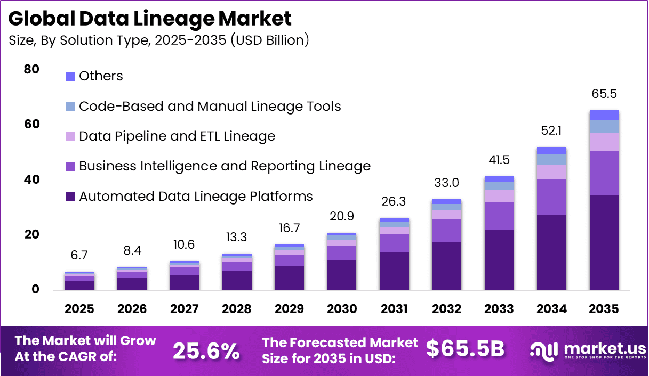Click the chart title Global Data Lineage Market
(x=150, y=19)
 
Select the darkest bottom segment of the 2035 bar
(x=604, y=242)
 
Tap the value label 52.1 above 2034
(x=551, y=130)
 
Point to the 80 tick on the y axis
(x=31, y=69)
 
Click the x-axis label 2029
(x=289, y=309)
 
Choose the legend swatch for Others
(x=70, y=77)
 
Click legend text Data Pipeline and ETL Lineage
(x=177, y=136)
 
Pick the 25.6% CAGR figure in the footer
(x=206, y=350)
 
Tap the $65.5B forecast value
(x=465, y=348)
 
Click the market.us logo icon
(x=544, y=350)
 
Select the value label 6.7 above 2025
(x=79, y=255)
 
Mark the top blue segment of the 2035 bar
(x=604, y=115)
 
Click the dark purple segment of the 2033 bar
(x=499, y=259)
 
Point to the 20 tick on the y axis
(x=31, y=234)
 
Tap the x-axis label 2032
(x=446, y=309)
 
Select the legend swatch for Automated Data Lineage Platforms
(x=70, y=197)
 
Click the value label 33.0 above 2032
(x=446, y=183)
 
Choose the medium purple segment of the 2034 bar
(x=551, y=197)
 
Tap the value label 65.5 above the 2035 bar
(x=604, y=94)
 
